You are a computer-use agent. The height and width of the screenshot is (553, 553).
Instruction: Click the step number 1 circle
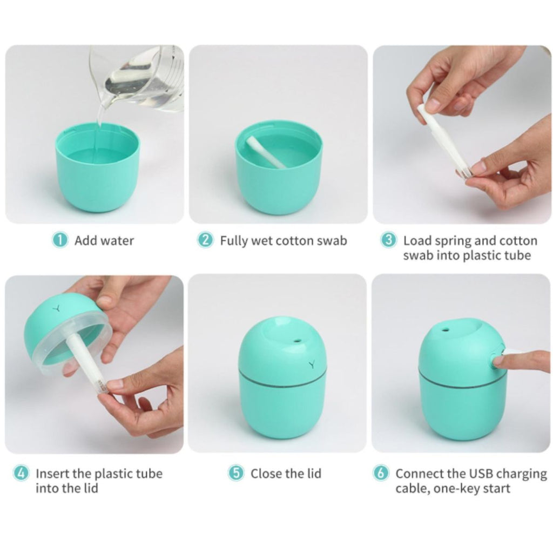[60, 240]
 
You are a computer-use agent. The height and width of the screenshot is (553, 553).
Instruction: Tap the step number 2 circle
[205, 240]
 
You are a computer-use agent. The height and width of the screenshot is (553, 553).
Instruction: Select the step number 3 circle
[389, 240]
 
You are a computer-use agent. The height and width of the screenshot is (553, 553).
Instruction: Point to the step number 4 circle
[21, 473]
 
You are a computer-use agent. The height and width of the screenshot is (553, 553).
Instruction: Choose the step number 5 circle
[236, 473]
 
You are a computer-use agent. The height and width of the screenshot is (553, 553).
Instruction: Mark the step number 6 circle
[381, 473]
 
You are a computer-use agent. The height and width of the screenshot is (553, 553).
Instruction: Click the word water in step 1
[119, 240]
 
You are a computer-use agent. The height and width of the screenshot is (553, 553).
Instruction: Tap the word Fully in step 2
[233, 241]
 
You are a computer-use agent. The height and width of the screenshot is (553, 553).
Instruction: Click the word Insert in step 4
[52, 473]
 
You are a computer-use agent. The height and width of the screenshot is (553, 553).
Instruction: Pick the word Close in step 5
[267, 473]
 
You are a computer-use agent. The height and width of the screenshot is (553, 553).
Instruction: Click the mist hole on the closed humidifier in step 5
[296, 341]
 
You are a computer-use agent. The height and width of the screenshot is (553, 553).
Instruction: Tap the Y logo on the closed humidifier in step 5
[312, 365]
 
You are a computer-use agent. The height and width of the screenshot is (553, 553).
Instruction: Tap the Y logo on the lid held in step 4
[56, 308]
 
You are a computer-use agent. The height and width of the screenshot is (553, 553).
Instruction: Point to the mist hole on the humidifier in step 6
[446, 331]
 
